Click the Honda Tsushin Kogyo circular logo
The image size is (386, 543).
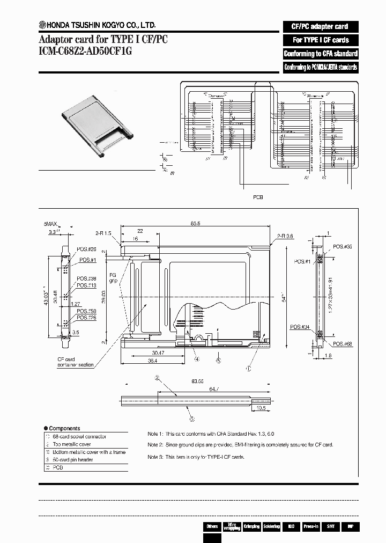coord(42,24)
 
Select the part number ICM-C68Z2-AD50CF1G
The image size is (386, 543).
coord(85,51)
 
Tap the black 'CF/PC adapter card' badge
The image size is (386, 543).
coord(320,26)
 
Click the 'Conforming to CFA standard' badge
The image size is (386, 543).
coord(320,54)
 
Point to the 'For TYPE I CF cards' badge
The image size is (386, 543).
coord(320,40)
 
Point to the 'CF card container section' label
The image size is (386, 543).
coord(75,362)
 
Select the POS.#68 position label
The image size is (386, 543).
coord(341,343)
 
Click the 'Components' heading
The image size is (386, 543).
coord(64,428)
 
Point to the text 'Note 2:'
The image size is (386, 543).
coord(155,445)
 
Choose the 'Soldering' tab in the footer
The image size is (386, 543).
coord(271,526)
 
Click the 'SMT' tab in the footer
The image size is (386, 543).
coord(330,526)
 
